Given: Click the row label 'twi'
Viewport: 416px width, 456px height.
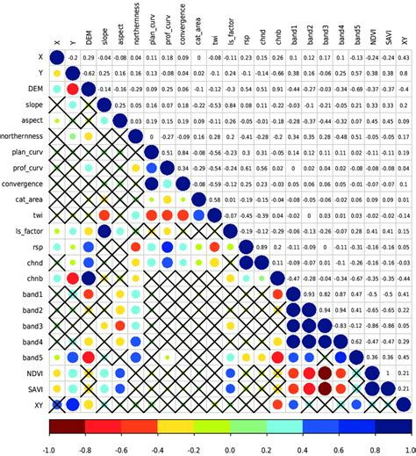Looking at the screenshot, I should coord(34,215).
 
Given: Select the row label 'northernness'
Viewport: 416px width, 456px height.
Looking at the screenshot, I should coord(24,138).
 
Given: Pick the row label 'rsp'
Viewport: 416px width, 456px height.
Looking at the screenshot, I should coord(35,247).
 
